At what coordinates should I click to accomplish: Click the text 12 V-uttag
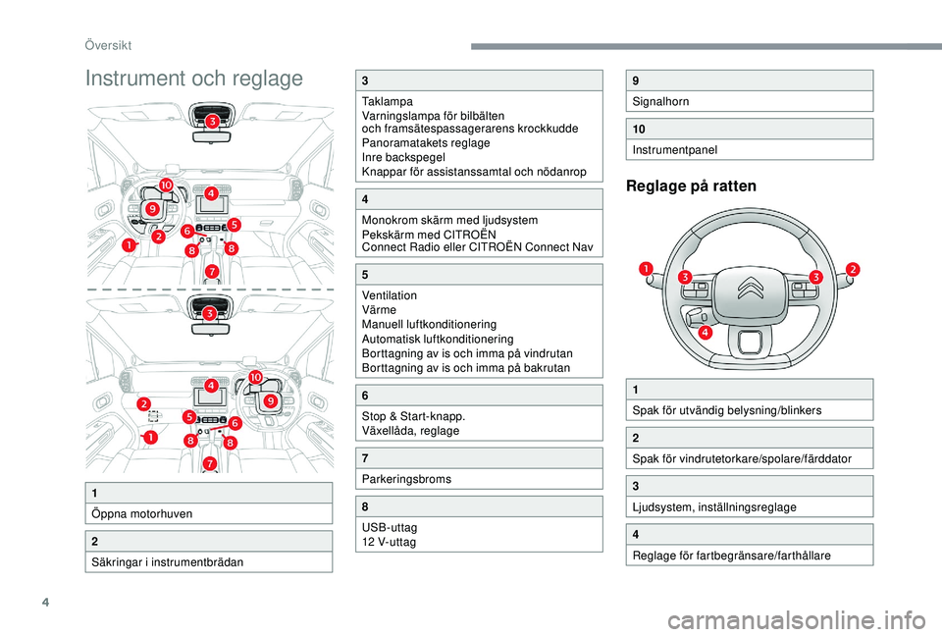pos(389,542)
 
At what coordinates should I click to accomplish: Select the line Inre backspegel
pos(402,157)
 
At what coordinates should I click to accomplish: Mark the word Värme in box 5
pos(380,309)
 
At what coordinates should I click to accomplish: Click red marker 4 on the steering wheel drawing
pos(706,333)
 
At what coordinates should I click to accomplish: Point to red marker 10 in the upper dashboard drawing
pos(166,186)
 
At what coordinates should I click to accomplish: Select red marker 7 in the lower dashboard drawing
pos(210,462)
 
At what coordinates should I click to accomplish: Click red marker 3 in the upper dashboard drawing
pos(211,122)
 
